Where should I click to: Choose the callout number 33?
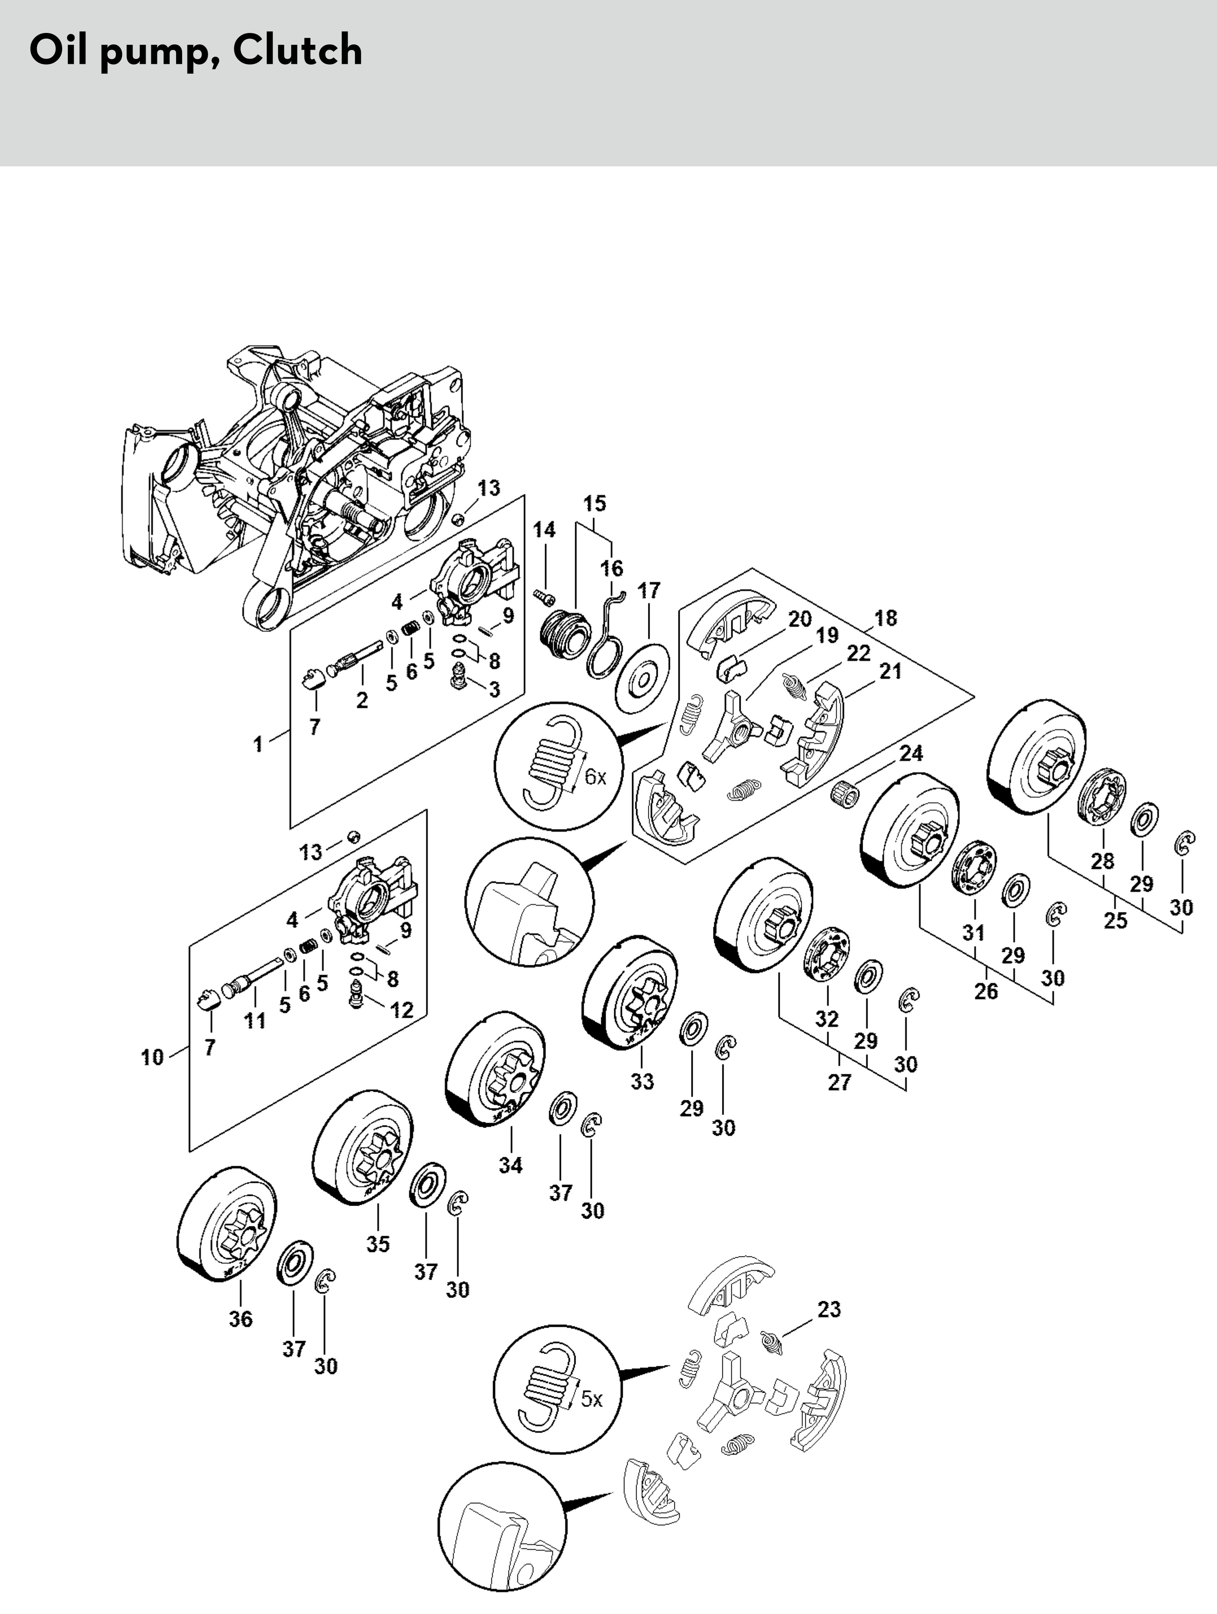pyautogui.click(x=642, y=1081)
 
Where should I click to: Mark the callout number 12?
pyautogui.click(x=402, y=1010)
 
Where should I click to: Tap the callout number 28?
pyautogui.click(x=1102, y=861)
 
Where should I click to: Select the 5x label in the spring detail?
pyautogui.click(x=592, y=1400)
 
